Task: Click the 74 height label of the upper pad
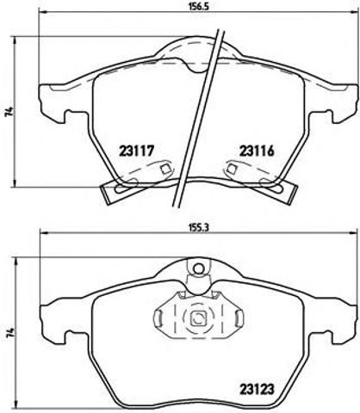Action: (x=8, y=112)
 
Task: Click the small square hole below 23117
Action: (x=163, y=170)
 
